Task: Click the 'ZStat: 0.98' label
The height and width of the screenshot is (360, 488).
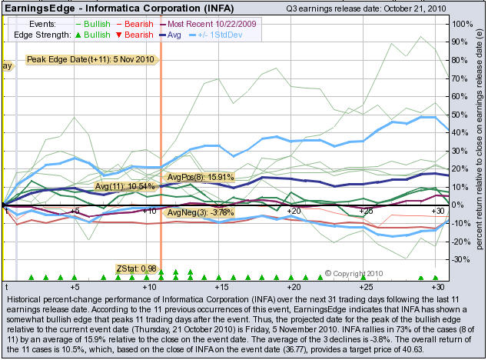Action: [x=134, y=268]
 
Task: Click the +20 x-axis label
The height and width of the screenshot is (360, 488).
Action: [x=293, y=210]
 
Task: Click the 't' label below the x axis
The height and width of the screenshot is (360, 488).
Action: [x=5, y=285]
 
